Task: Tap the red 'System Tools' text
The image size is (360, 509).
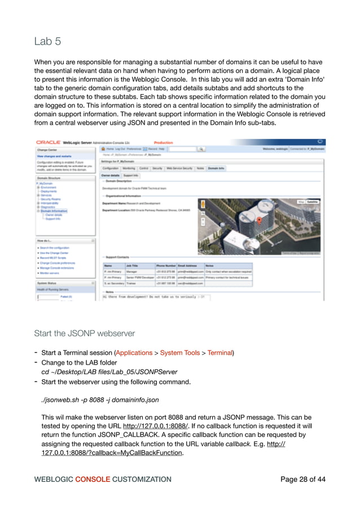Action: point(179,353)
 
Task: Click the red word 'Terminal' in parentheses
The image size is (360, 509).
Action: point(219,353)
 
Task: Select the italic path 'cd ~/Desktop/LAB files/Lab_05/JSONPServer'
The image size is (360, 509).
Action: point(109,372)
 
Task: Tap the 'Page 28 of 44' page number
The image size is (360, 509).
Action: point(303,480)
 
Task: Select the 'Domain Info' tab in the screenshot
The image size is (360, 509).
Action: point(216,168)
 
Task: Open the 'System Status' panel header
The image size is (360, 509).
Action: point(49,283)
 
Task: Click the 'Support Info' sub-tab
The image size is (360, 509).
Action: point(131,175)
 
